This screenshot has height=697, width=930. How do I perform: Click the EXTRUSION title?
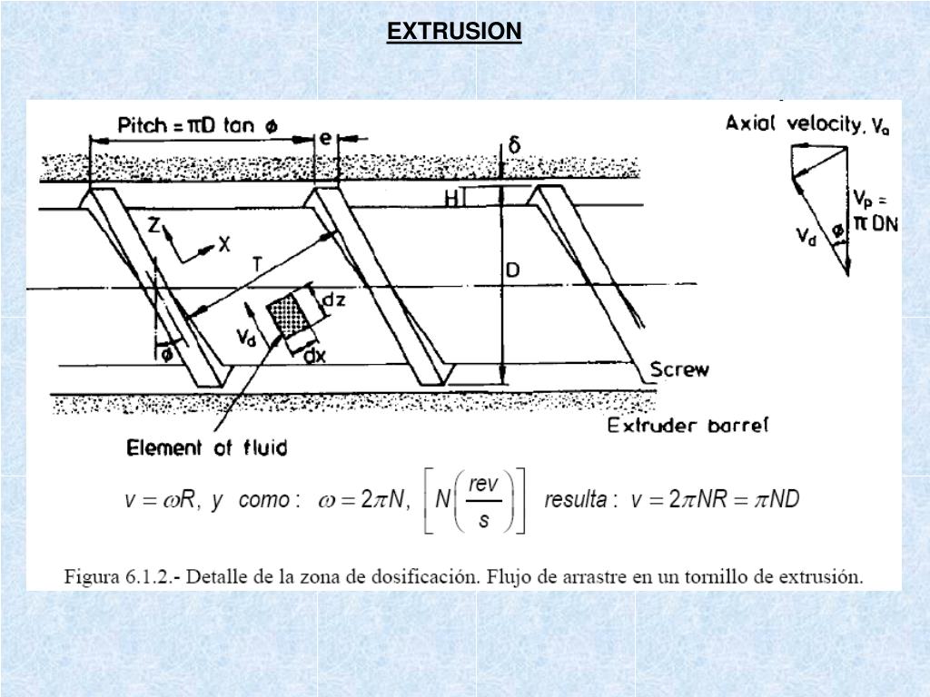click(454, 32)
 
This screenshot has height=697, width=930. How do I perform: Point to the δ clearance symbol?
click(514, 145)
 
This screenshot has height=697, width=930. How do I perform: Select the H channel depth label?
click(451, 199)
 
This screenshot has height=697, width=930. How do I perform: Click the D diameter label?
click(513, 270)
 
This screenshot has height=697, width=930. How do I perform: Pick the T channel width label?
click(258, 264)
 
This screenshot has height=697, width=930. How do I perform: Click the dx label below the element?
click(314, 357)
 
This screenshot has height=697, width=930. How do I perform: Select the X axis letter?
click(224, 244)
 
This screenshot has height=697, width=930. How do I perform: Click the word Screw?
click(679, 369)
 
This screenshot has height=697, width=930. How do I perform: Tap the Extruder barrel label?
click(688, 425)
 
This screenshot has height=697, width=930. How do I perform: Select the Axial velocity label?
click(806, 124)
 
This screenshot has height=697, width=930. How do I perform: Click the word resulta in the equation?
click(575, 500)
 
